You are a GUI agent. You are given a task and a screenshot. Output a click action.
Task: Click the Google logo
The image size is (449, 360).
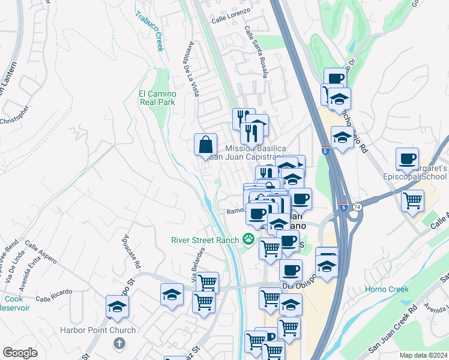click(20, 353)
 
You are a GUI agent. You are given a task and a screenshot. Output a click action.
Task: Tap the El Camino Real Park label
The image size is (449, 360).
click(157, 98)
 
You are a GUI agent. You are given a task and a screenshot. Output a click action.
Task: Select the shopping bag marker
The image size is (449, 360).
click(205, 144)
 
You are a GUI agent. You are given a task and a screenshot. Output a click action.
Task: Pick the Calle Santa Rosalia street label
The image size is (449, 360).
click(256, 51)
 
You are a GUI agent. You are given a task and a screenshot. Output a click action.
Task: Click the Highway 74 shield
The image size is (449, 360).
click(358, 207)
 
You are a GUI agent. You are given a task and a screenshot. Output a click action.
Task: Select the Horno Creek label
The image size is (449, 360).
click(387, 289)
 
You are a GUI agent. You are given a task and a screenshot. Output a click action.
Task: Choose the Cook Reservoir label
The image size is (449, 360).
click(14, 303)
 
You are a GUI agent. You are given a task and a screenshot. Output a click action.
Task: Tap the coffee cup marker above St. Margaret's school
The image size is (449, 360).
click(408, 158)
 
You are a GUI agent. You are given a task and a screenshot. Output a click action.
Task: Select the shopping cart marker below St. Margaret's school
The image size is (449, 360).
click(412, 200)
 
